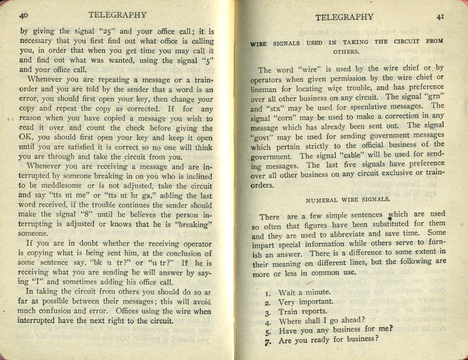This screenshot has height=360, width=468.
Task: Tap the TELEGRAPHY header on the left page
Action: point(118,15)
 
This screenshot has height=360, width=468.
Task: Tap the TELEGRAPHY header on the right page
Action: point(344,17)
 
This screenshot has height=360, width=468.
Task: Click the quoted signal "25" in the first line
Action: point(101,31)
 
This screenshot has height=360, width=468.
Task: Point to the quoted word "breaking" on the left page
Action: point(196,225)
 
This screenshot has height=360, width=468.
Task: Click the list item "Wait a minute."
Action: point(304,292)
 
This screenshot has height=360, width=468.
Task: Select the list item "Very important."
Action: point(305,302)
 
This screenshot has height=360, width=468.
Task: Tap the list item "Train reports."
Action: point(303,311)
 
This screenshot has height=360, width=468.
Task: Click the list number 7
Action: point(267,341)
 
